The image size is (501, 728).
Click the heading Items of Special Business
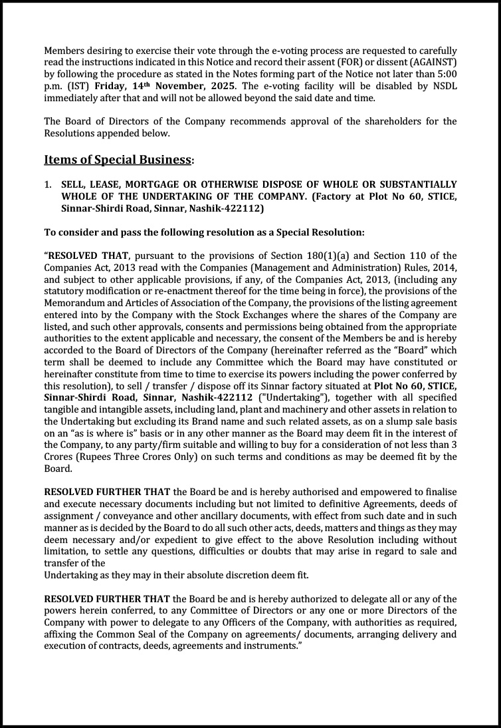click(x=117, y=160)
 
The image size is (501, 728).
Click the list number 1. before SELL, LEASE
click(x=49, y=184)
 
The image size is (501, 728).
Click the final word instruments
click(x=270, y=645)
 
